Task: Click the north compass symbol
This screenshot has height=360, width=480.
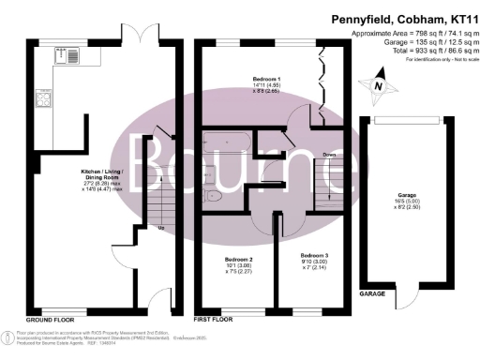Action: [x=378, y=84]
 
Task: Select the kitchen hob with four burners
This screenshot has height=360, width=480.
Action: [x=42, y=98]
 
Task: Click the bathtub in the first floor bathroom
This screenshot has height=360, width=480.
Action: [x=226, y=145]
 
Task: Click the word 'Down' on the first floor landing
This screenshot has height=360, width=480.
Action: [x=330, y=156]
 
